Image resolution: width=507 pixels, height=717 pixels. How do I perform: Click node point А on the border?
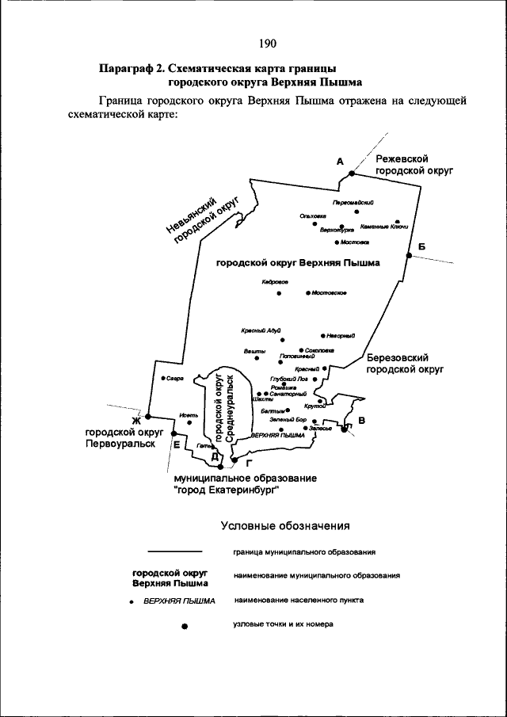click(352, 173)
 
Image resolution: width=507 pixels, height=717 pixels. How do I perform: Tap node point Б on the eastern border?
click(410, 255)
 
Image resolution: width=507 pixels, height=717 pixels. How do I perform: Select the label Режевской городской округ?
click(414, 165)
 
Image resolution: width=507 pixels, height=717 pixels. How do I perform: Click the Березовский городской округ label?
click(403, 364)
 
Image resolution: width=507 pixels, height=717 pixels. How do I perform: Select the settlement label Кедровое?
click(275, 282)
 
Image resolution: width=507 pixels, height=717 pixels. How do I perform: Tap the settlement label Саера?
click(175, 378)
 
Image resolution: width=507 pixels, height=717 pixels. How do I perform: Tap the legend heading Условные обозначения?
click(284, 525)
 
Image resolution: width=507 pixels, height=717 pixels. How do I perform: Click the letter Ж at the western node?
click(135, 420)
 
